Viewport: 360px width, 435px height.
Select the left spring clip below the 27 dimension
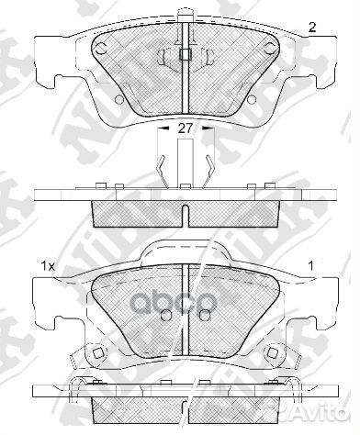point(161,167)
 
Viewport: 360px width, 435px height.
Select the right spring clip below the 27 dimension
point(212,167)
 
